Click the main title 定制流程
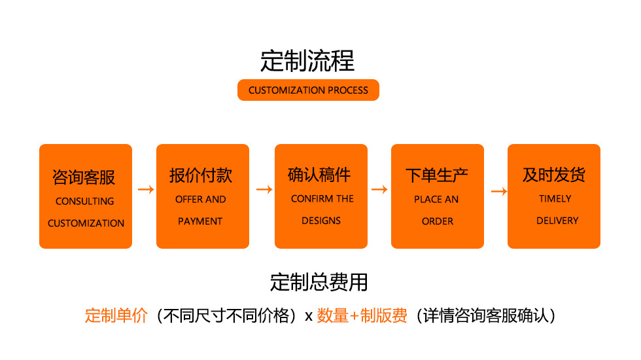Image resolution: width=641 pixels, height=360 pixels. pyautogui.click(x=307, y=61)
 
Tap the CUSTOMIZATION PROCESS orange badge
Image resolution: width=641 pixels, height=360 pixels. pyautogui.click(x=308, y=90)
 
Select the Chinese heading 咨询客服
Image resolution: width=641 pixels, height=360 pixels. pyautogui.click(x=84, y=177)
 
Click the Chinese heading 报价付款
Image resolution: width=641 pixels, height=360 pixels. pyautogui.click(x=201, y=175)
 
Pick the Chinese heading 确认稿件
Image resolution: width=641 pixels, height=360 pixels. pyautogui.click(x=319, y=175)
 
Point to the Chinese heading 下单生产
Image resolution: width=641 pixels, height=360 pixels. pyautogui.click(x=437, y=175)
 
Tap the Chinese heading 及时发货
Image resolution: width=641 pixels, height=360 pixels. pyautogui.click(x=553, y=175)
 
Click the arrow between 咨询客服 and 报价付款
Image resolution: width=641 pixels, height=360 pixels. pyautogui.click(x=146, y=190)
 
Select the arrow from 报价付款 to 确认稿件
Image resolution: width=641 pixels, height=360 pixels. pyautogui.click(x=264, y=190)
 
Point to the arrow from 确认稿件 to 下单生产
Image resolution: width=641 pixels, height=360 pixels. pyautogui.click(x=379, y=190)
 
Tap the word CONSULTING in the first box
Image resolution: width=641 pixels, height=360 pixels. pyautogui.click(x=85, y=202)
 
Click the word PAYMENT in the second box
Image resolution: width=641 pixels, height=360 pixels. pyautogui.click(x=200, y=221)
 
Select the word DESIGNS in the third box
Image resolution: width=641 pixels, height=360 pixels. pyautogui.click(x=321, y=221)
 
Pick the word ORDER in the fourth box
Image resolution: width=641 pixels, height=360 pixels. pyautogui.click(x=438, y=221)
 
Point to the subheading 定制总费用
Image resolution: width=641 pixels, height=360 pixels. pyautogui.click(x=319, y=282)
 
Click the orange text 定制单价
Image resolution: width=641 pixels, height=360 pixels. pyautogui.click(x=116, y=315)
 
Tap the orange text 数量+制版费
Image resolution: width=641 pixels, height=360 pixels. pyautogui.click(x=362, y=315)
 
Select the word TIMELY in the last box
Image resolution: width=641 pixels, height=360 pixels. pyautogui.click(x=555, y=198)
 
